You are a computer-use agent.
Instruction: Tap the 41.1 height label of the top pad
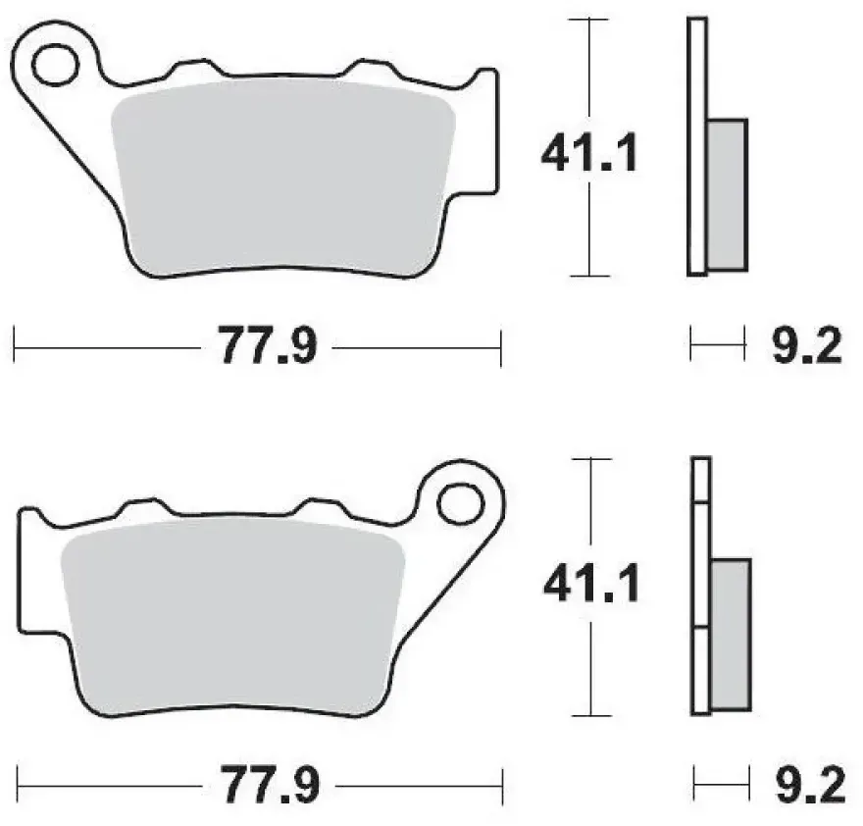[x=589, y=152]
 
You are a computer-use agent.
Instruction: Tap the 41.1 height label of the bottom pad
[x=591, y=583]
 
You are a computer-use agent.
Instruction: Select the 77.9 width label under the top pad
[x=268, y=345]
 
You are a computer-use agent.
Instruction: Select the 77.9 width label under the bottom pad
[x=271, y=784]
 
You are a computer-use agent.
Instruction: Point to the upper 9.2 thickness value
[x=807, y=345]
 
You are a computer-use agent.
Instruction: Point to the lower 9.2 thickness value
[x=810, y=784]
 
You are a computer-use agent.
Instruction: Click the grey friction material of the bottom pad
[x=234, y=616]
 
